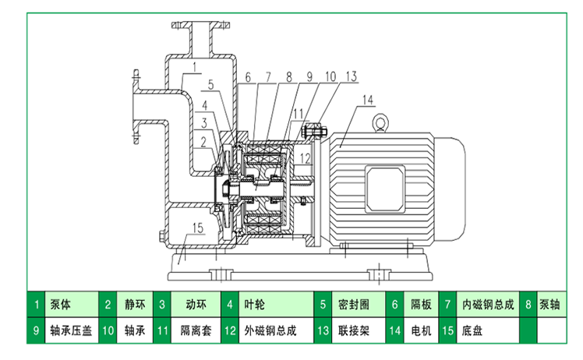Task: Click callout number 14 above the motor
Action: [368, 98]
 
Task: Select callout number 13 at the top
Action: [352, 76]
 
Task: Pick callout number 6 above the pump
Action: [246, 76]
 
